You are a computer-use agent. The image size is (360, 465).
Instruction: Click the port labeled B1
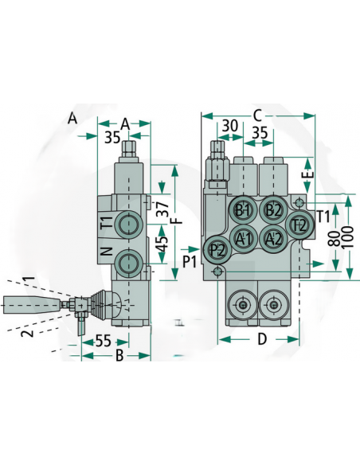[x=243, y=210]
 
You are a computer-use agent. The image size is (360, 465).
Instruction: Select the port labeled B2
[x=273, y=210]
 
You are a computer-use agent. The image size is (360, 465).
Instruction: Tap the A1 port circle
[x=244, y=238]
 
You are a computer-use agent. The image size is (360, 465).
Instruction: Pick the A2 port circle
[x=273, y=238]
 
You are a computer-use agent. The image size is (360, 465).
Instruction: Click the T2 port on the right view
[x=299, y=225]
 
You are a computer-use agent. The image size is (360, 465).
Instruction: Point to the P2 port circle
[x=217, y=250]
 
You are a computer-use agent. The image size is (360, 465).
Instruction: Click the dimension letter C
[x=257, y=115]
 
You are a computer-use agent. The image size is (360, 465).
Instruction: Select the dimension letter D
[x=262, y=339]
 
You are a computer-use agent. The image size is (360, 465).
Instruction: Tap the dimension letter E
[x=309, y=173]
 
